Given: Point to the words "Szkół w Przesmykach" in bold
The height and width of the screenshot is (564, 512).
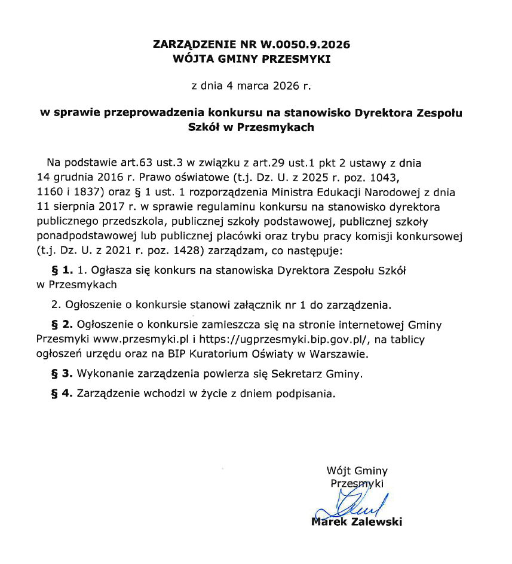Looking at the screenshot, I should tap(251, 127).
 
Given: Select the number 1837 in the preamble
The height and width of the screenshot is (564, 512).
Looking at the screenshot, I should tap(88, 193).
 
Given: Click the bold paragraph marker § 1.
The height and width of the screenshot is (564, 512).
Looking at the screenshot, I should tap(63, 270).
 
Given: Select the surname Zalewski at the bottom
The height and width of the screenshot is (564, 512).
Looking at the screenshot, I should tap(376, 522).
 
